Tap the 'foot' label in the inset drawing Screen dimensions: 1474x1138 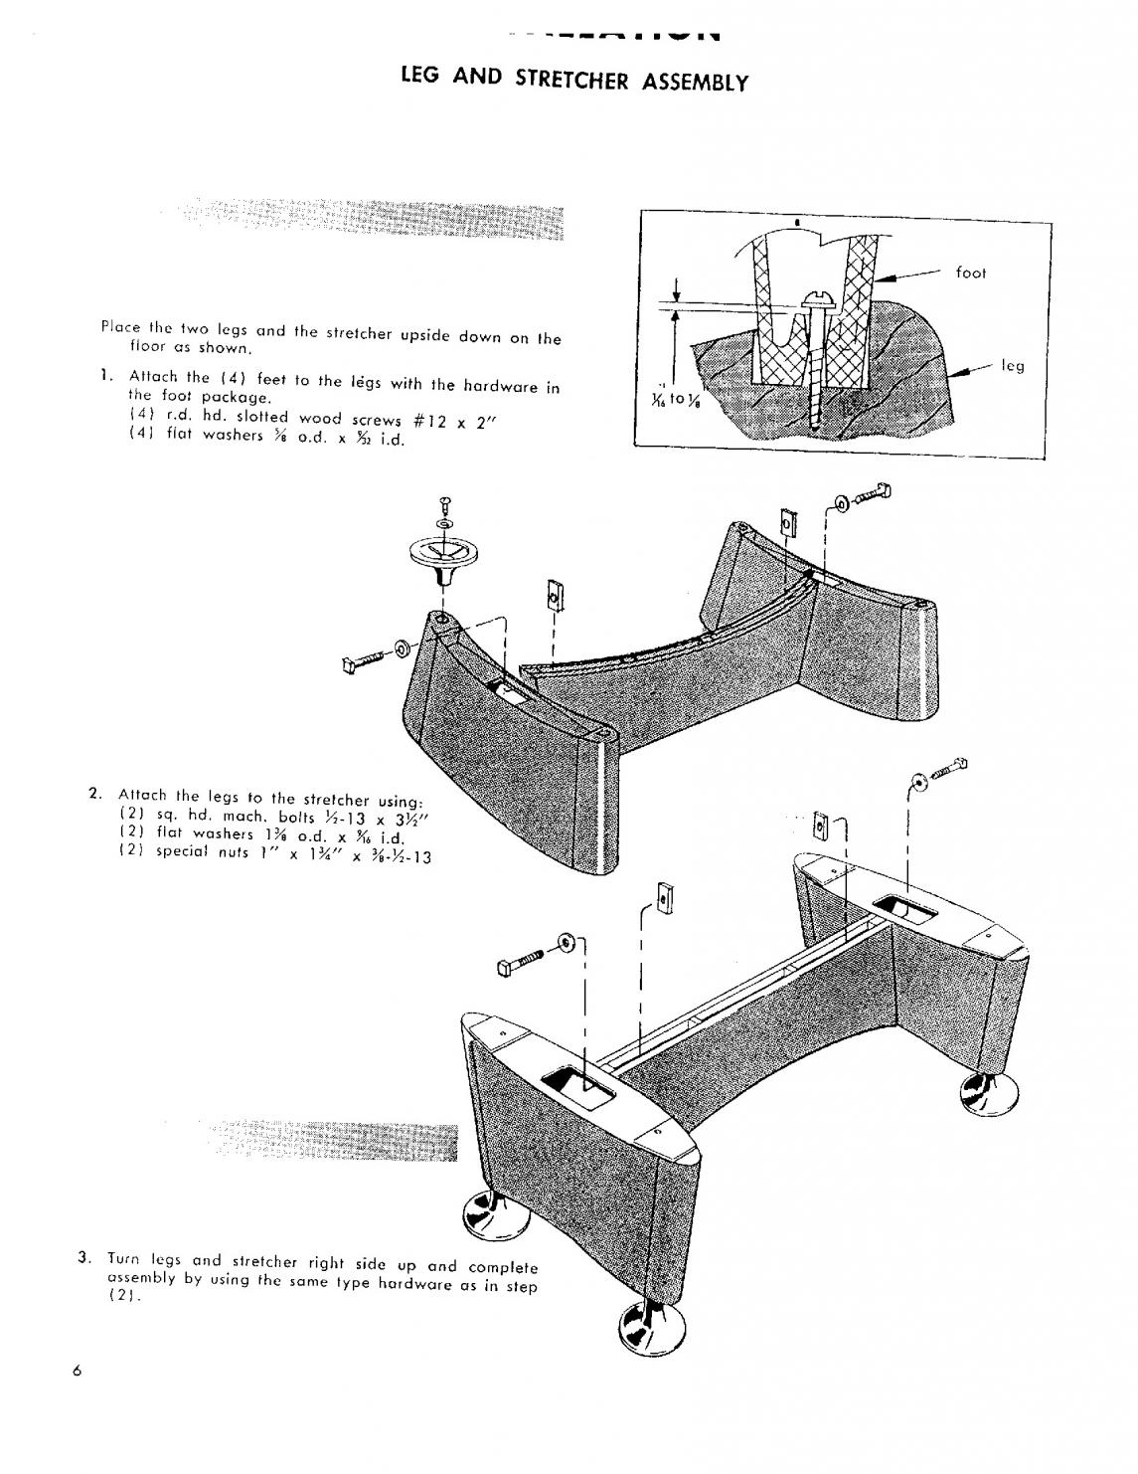point(970,273)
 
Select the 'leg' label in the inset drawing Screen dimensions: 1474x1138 point(1012,366)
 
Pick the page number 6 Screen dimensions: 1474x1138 point(76,1371)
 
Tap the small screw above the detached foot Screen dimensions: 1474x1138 point(444,502)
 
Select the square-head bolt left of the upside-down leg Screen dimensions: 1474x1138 point(362,661)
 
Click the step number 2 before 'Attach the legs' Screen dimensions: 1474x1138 point(93,793)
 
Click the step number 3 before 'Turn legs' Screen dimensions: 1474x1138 point(84,1257)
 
